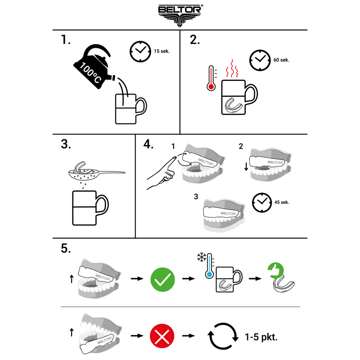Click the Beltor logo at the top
[180, 15]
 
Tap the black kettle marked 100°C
[93, 67]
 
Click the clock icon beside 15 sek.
[140, 51]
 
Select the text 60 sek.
[281, 60]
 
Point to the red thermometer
[211, 78]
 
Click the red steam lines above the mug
[232, 68]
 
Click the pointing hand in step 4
[162, 173]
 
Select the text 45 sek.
[282, 202]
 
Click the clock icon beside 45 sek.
[262, 203]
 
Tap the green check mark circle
[162, 279]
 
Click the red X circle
[162, 336]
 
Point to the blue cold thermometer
[209, 266]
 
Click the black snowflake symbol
[202, 257]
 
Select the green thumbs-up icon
[275, 270]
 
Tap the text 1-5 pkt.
[261, 337]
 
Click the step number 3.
[66, 144]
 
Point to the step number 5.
[66, 248]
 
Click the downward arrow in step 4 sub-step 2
[246, 166]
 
